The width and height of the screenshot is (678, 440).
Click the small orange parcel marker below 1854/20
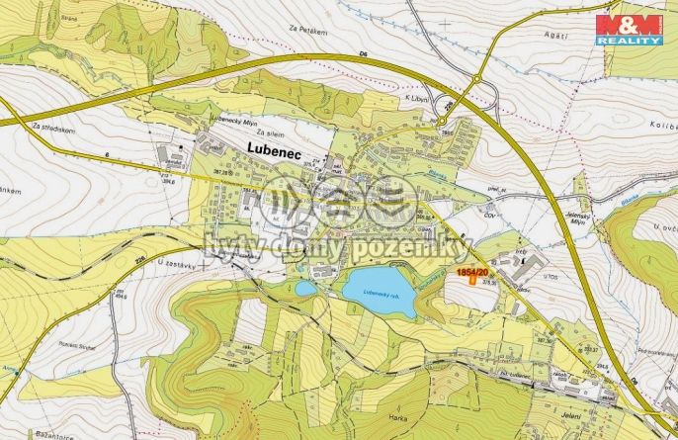(472, 282)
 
